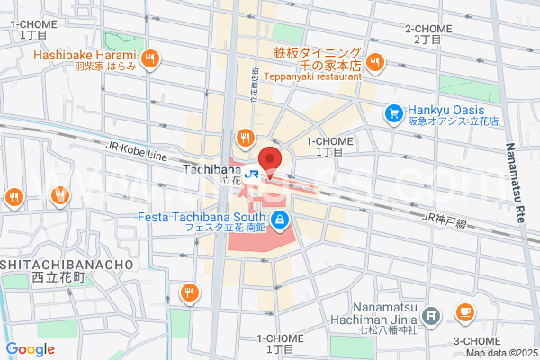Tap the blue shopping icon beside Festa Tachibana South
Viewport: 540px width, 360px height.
coord(281,219)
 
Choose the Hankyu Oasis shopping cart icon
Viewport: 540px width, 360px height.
coord(392,112)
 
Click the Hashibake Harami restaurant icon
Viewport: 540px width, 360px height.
coord(150,59)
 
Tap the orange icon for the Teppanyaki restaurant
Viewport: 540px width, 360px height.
coord(374,62)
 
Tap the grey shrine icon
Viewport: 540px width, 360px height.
coord(431,316)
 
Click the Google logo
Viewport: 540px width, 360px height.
coord(30,349)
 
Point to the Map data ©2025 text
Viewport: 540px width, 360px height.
coord(501,352)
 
